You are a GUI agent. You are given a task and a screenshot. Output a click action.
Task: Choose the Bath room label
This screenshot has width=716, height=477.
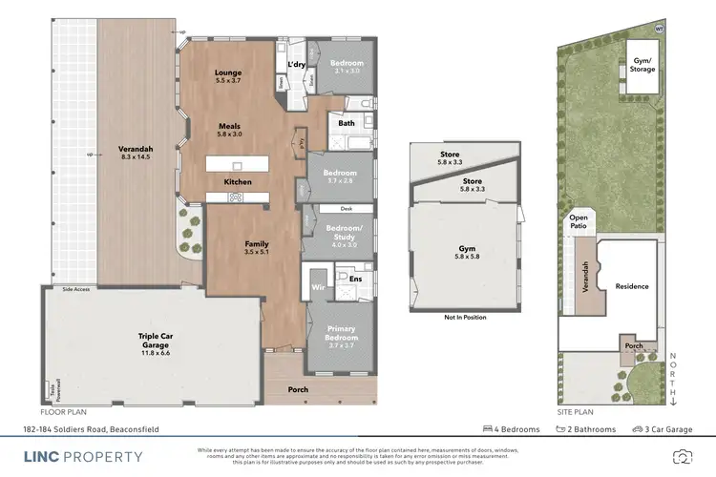pyautogui.click(x=347, y=123)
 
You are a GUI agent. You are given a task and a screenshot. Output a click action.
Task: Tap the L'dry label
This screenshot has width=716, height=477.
pyautogui.click(x=295, y=64)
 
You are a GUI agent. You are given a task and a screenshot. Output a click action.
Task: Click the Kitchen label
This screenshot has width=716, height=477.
pyautogui.click(x=237, y=181)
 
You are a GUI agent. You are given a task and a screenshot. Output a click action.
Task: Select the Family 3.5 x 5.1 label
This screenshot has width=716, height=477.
pyautogui.click(x=255, y=248)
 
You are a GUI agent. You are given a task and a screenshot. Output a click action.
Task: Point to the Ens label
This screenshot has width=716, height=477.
pyautogui.click(x=354, y=279)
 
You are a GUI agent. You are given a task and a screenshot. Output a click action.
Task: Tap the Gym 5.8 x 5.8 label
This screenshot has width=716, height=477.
pyautogui.click(x=466, y=252)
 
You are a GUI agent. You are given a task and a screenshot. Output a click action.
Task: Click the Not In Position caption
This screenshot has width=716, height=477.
pyautogui.click(x=465, y=318)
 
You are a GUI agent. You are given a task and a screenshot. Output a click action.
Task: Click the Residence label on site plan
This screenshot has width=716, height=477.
pyautogui.click(x=631, y=286)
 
